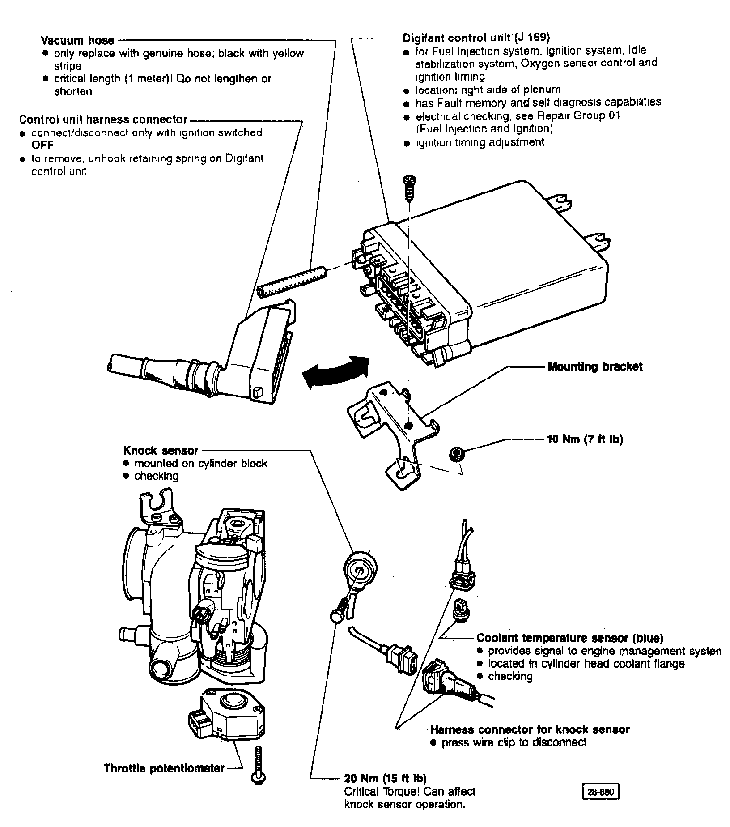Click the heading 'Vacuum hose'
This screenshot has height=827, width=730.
coord(77,41)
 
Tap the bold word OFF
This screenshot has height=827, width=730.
coord(42,145)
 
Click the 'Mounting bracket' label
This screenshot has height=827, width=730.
coord(595,367)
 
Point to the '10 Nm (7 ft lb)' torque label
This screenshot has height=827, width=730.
coord(585,439)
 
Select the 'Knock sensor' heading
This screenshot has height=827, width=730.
coord(161,450)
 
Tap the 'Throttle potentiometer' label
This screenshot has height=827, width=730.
coord(164,768)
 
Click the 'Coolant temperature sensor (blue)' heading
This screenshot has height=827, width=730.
coord(570,638)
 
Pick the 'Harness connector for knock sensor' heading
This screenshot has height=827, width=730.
coord(530,729)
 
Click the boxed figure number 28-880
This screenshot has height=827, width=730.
coord(601,792)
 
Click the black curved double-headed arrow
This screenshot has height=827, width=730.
coord(335,371)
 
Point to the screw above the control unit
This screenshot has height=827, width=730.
coord(408,188)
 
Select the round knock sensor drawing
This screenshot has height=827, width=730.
coord(360,569)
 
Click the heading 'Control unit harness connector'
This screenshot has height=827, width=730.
coord(103,119)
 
